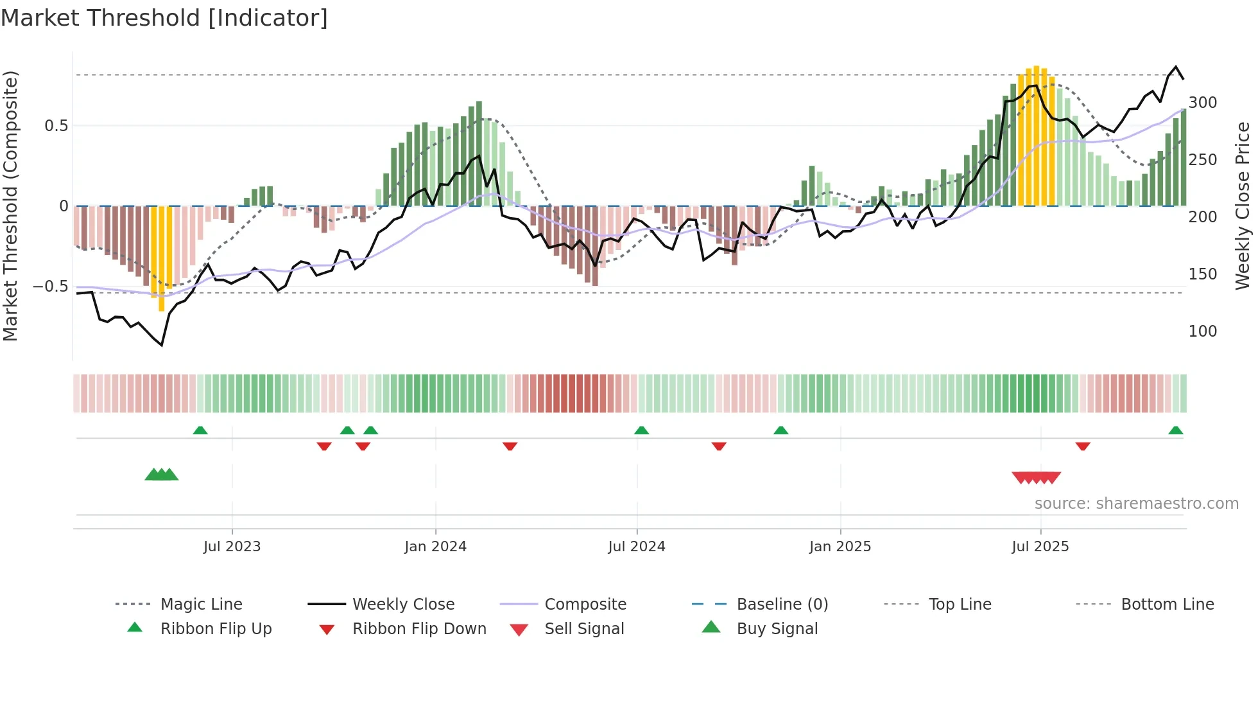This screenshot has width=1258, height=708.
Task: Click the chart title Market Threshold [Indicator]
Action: [x=164, y=18]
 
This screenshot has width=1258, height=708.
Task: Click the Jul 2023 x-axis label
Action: [x=232, y=547]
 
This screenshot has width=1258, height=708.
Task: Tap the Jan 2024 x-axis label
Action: [x=435, y=547]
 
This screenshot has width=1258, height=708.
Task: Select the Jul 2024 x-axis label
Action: [x=636, y=547]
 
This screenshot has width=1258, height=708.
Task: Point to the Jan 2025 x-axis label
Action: [x=840, y=547]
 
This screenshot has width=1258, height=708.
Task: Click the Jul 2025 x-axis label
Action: [x=1040, y=547]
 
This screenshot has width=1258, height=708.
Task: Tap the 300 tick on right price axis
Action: [x=1202, y=103]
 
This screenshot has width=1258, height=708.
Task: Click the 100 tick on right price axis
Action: [x=1202, y=332]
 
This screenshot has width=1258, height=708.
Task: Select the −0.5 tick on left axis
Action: [x=50, y=287]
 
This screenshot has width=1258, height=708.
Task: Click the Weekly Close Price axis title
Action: [x=1243, y=206]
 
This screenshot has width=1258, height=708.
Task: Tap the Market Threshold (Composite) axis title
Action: [x=10, y=206]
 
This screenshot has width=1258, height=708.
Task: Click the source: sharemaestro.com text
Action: [x=1136, y=504]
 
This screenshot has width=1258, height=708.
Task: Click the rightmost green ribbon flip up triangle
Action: [x=1175, y=431]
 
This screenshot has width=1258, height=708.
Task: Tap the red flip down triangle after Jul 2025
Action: [x=1083, y=446]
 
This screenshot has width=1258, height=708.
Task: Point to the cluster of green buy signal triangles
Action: [x=162, y=475]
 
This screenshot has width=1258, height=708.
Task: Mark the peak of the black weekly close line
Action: [x=1176, y=67]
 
